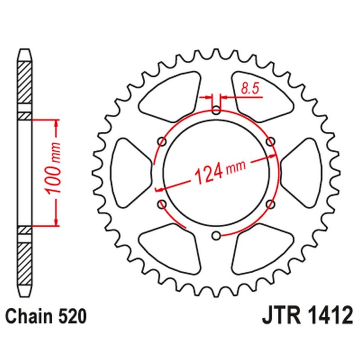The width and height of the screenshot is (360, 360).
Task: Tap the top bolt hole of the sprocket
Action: [x=216, y=110]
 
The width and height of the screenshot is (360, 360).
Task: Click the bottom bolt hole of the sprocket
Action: [x=216, y=234]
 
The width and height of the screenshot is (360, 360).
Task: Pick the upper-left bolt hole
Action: [x=162, y=142]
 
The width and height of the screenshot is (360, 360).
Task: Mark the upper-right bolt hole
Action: [x=270, y=142]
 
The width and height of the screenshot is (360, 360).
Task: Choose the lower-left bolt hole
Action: [x=162, y=204]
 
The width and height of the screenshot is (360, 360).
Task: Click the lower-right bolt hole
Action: [x=270, y=204]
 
